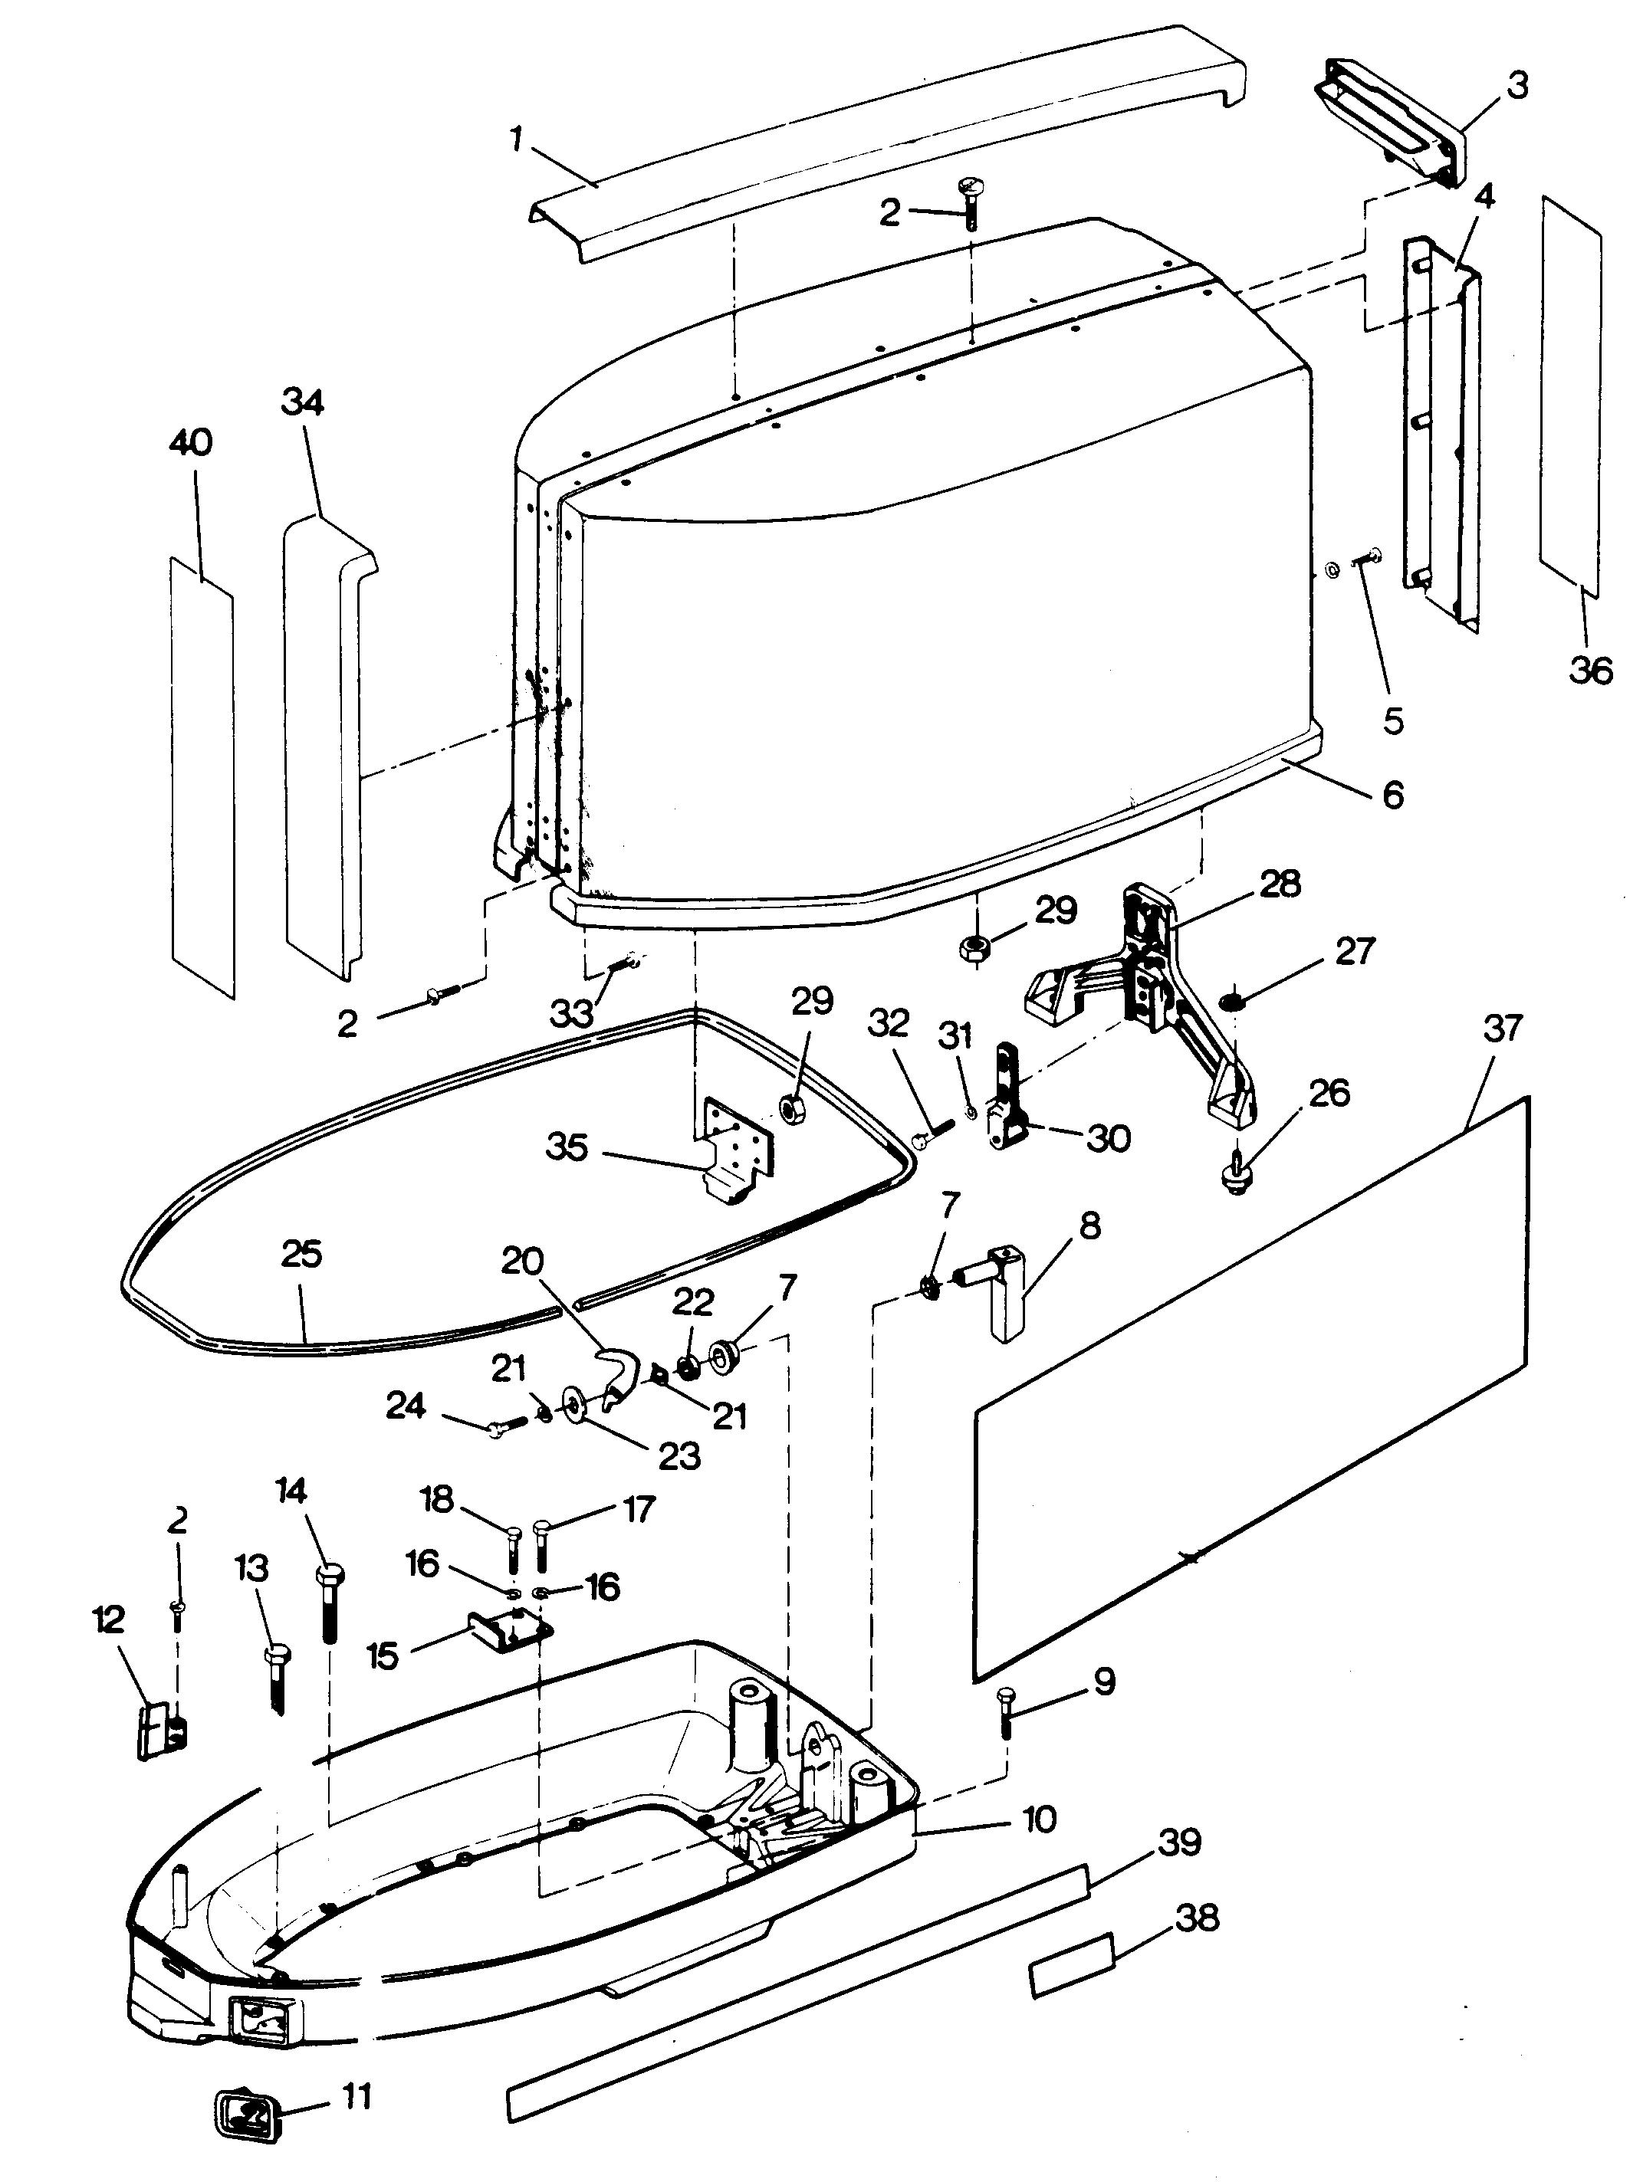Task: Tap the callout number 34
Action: (303, 402)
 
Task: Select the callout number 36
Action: (1589, 671)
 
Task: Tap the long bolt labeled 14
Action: (330, 1606)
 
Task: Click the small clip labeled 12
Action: (163, 1731)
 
